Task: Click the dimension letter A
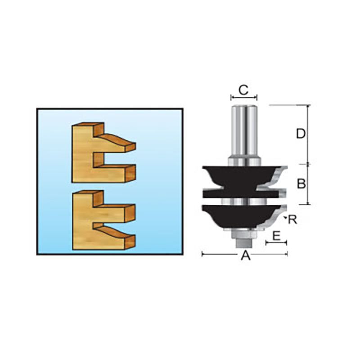pyautogui.click(x=245, y=255)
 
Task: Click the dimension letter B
pyautogui.click(x=301, y=184)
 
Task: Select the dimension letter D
pyautogui.click(x=301, y=134)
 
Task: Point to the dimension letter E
pyautogui.click(x=276, y=236)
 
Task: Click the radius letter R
pyautogui.click(x=293, y=220)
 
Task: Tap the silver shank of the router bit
pyautogui.click(x=244, y=135)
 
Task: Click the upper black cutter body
pyautogui.click(x=241, y=181)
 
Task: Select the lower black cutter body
pyautogui.click(x=241, y=216)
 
